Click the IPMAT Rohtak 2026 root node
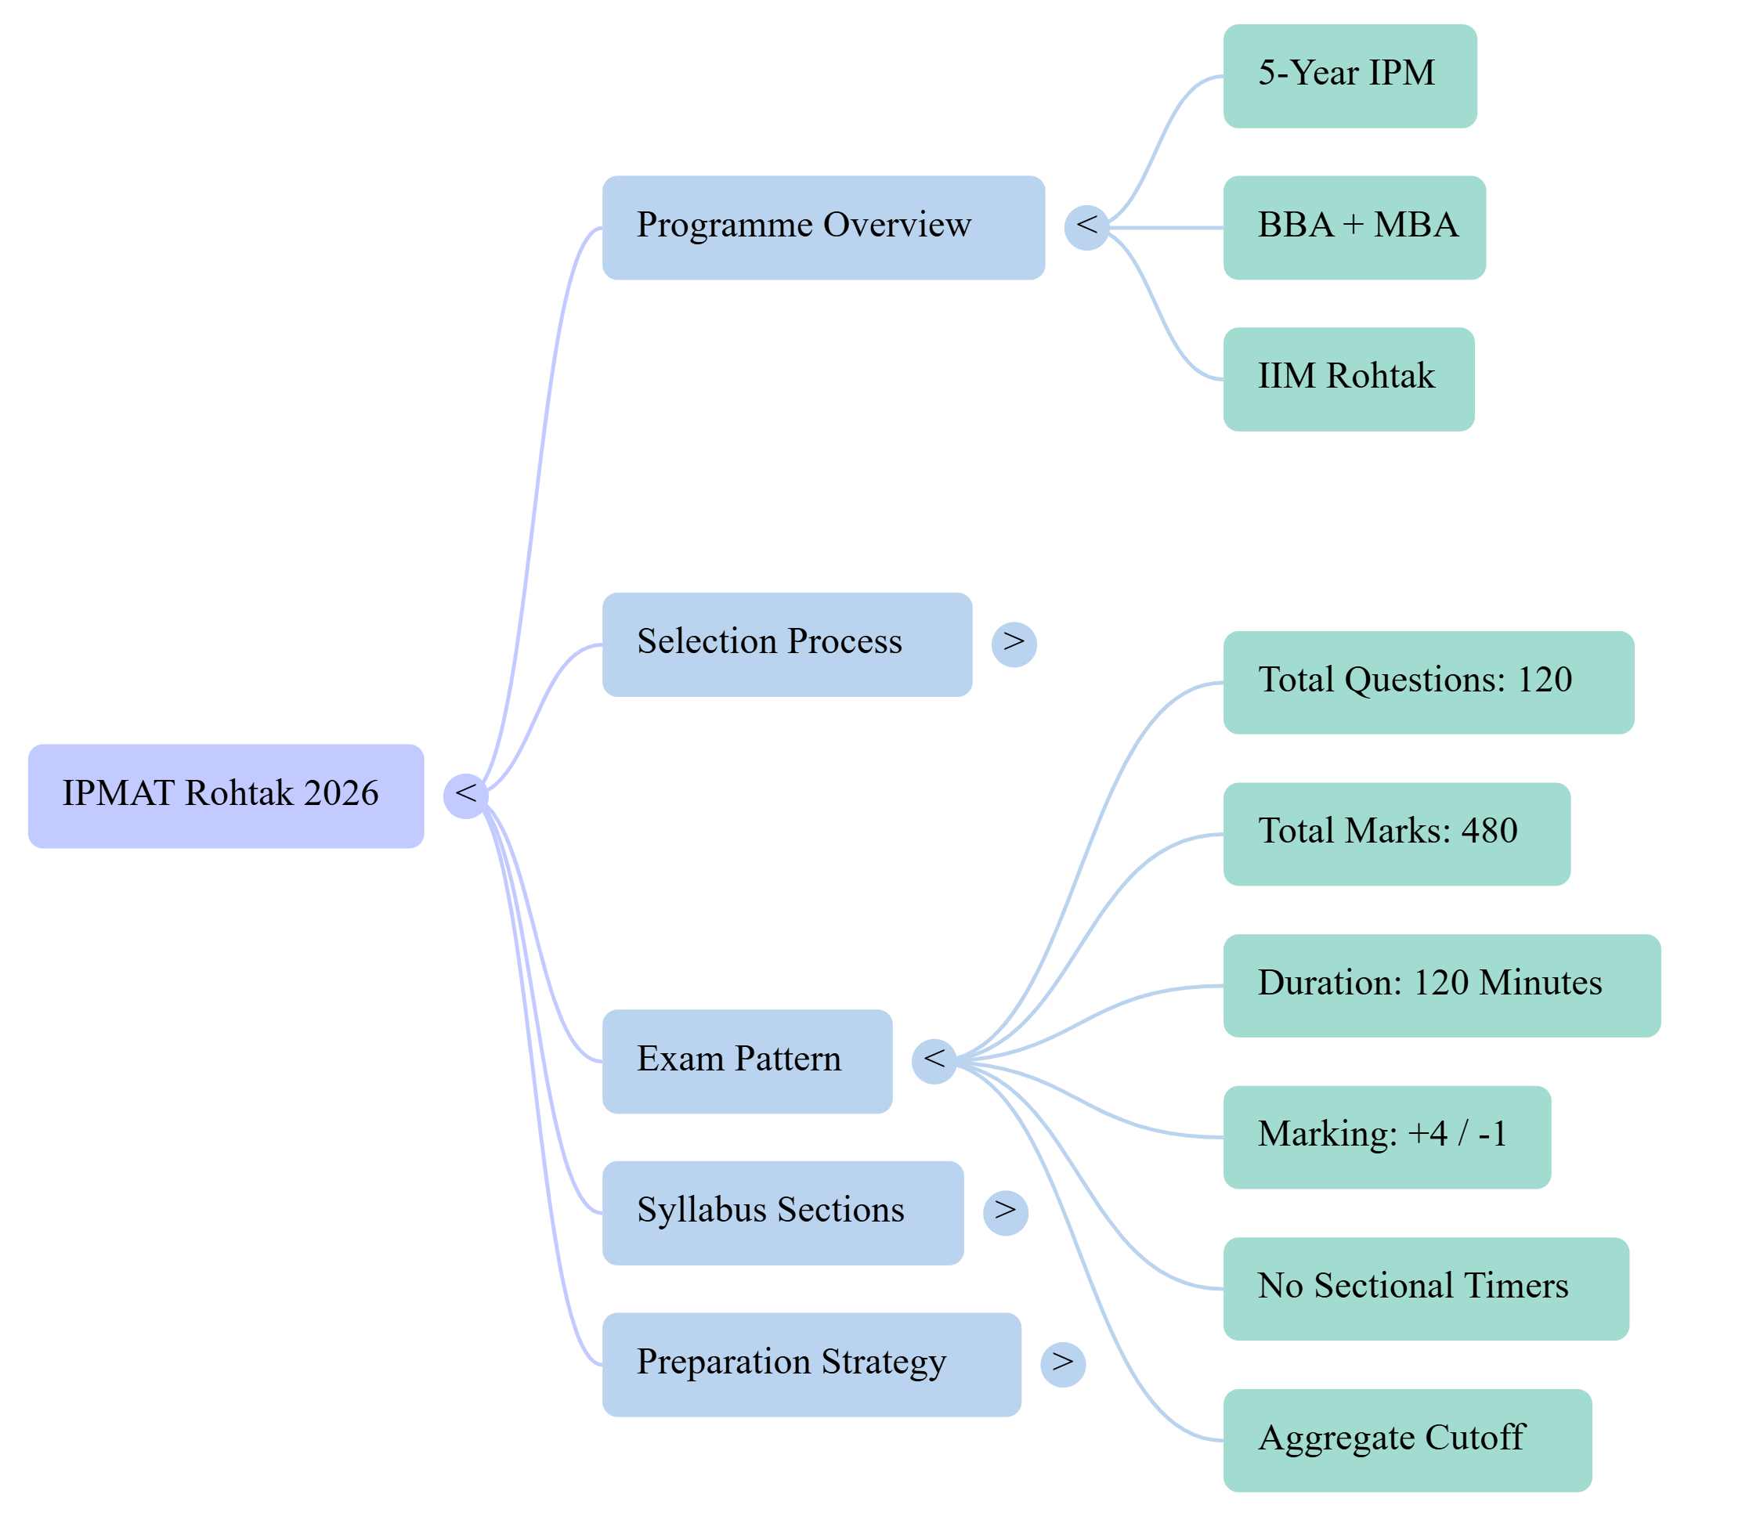click(225, 796)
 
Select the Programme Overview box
click(823, 228)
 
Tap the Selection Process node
click(787, 644)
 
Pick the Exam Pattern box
click(747, 1061)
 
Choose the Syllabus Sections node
click(783, 1212)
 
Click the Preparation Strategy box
click(811, 1365)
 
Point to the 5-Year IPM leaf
click(1350, 76)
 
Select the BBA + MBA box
click(1354, 228)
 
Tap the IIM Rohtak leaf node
click(1349, 379)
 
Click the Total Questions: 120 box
click(1429, 682)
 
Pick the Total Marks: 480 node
click(1397, 834)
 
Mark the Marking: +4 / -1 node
click(1386, 1137)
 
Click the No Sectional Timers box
click(1426, 1288)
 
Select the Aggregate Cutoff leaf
click(1407, 1440)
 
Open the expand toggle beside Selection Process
click(1014, 644)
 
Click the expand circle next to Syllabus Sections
click(1005, 1212)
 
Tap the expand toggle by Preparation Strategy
click(1063, 1365)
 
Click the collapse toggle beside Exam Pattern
click(934, 1061)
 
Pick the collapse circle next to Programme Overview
click(1086, 228)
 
